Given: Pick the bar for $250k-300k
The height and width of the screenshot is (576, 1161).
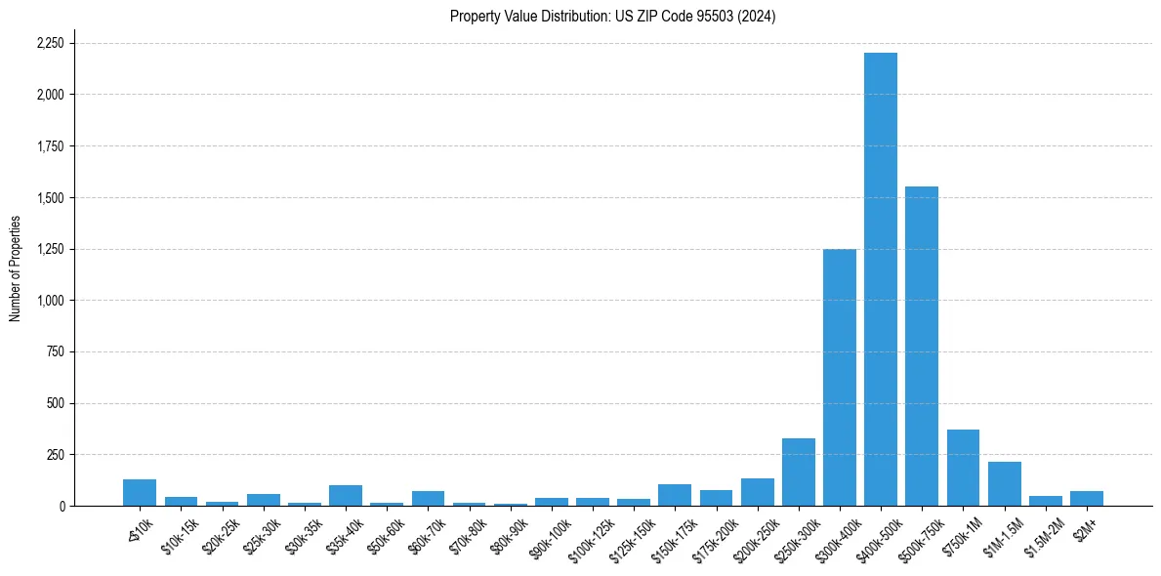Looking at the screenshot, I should pos(798,473).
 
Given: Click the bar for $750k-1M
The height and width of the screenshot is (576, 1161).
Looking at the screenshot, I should pos(963,468).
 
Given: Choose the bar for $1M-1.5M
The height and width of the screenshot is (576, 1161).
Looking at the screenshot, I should pos(1004,484).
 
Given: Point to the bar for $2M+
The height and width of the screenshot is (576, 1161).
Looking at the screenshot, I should pos(1086,499).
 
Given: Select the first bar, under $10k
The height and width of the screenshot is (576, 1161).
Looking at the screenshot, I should pos(140,493).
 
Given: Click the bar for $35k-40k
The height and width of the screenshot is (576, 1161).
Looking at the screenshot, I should pos(346,496).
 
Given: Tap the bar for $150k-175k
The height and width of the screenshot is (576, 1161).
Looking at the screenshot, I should pos(675,495).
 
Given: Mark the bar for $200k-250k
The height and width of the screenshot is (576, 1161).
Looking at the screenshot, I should pos(757,492).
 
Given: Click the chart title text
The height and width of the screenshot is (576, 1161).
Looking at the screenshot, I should pos(612,17).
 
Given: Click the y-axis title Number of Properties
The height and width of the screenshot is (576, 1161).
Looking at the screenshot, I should pos(16,268).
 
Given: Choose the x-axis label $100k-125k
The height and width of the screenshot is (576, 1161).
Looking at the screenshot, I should pos(589,536).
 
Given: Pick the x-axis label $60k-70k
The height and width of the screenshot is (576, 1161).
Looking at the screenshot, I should pos(427,533).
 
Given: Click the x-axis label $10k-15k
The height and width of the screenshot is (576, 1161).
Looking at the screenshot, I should pos(180,533).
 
